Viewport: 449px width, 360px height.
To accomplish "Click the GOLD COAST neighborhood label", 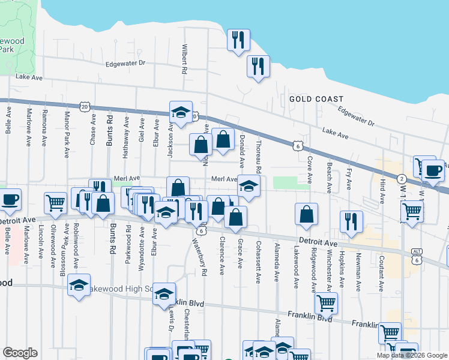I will coord(316,99).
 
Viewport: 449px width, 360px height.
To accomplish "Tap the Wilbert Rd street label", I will coord(185,58).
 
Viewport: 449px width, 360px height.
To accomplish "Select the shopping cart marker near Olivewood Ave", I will coord(55,202).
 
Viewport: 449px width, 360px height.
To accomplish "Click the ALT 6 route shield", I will coord(416,256).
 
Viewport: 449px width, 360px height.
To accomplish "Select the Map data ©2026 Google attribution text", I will coord(411,355).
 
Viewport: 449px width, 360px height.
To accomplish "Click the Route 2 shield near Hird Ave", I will coord(400,178).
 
